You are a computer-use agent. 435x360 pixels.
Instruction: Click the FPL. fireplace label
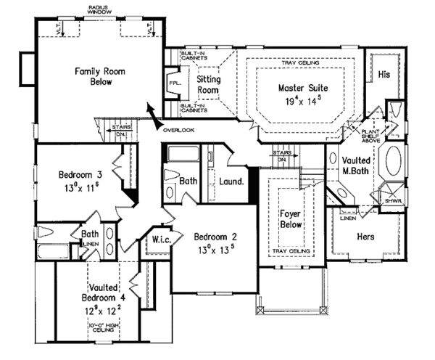(175, 84)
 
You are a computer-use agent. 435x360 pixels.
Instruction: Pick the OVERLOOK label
(178, 131)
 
